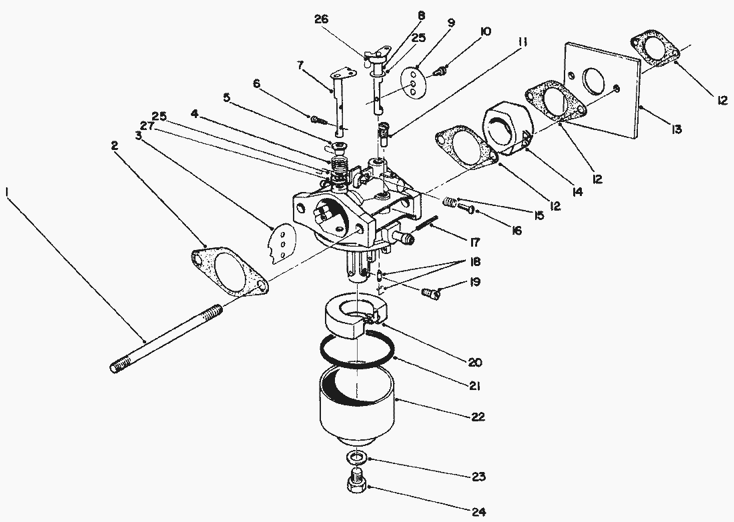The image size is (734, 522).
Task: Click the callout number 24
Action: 478,511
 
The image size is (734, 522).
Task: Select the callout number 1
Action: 7,191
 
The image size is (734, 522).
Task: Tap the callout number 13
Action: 675,129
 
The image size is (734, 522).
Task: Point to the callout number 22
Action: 478,416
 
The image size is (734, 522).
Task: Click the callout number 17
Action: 474,242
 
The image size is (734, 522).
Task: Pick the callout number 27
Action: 147,125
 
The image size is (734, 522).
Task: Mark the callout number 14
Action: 577,191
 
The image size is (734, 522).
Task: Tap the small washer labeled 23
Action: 356,456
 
